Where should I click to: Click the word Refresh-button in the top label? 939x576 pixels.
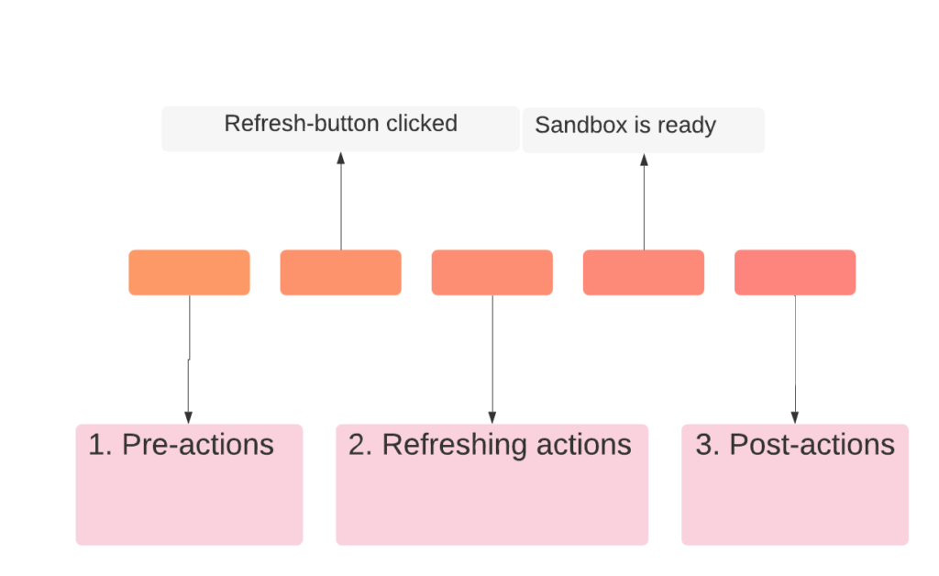point(303,123)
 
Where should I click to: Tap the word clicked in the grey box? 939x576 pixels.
point(422,123)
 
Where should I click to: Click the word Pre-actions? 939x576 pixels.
point(198,445)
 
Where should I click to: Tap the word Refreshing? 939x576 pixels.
point(455,446)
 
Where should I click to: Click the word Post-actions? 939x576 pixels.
point(812,445)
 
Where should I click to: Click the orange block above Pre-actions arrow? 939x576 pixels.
point(189,272)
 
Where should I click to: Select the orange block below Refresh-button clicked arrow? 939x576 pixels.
point(341,272)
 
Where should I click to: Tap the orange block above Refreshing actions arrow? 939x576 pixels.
point(492,272)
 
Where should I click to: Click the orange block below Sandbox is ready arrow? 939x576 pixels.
point(644,272)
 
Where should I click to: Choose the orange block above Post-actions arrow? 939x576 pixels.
point(795,272)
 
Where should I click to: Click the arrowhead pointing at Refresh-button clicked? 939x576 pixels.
point(341,158)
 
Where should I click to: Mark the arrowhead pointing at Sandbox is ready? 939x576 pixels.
point(645,160)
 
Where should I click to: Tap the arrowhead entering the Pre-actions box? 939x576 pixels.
point(189,417)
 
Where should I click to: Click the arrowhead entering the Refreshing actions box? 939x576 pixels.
point(492,417)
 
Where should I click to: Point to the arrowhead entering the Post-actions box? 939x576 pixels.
point(795,417)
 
